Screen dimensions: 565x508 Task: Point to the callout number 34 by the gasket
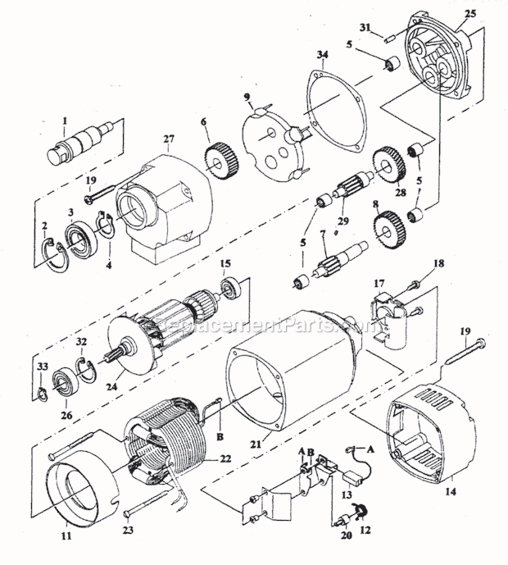(x=322, y=55)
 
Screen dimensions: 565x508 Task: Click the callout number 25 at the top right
(x=469, y=15)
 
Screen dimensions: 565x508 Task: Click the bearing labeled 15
(x=234, y=289)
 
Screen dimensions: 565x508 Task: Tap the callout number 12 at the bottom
(x=365, y=531)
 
